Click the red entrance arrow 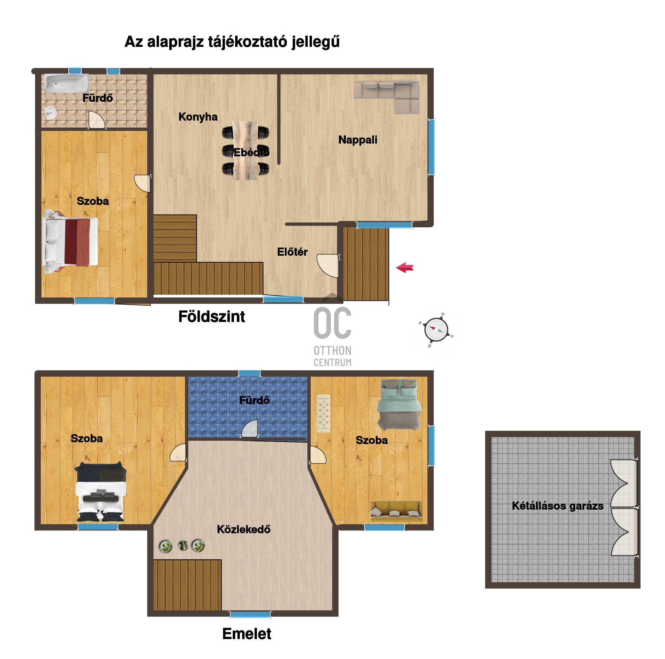click(405, 268)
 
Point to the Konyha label click(198, 117)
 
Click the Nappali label click(358, 140)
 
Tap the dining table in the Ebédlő click(245, 151)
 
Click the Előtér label click(292, 252)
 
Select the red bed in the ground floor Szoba click(70, 242)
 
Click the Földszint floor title click(212, 317)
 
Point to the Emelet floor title click(247, 634)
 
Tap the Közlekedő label click(244, 529)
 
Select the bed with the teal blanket click(399, 405)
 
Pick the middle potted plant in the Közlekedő click(183, 545)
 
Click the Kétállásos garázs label click(558, 506)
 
